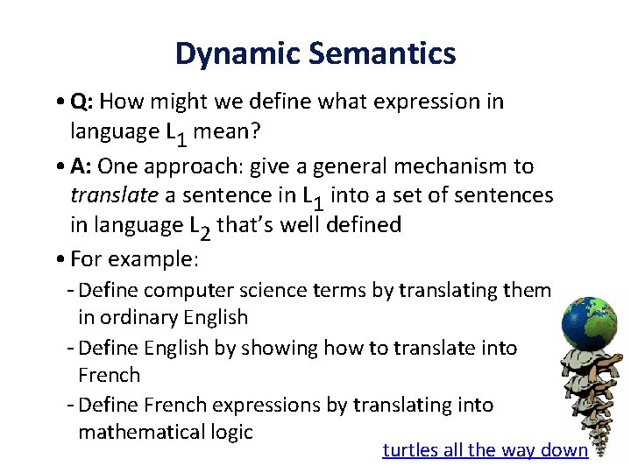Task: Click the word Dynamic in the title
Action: tap(230, 54)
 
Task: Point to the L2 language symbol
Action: tap(200, 227)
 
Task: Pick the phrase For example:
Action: tap(135, 258)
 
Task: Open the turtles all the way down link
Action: tap(485, 450)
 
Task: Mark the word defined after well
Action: tap(364, 225)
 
